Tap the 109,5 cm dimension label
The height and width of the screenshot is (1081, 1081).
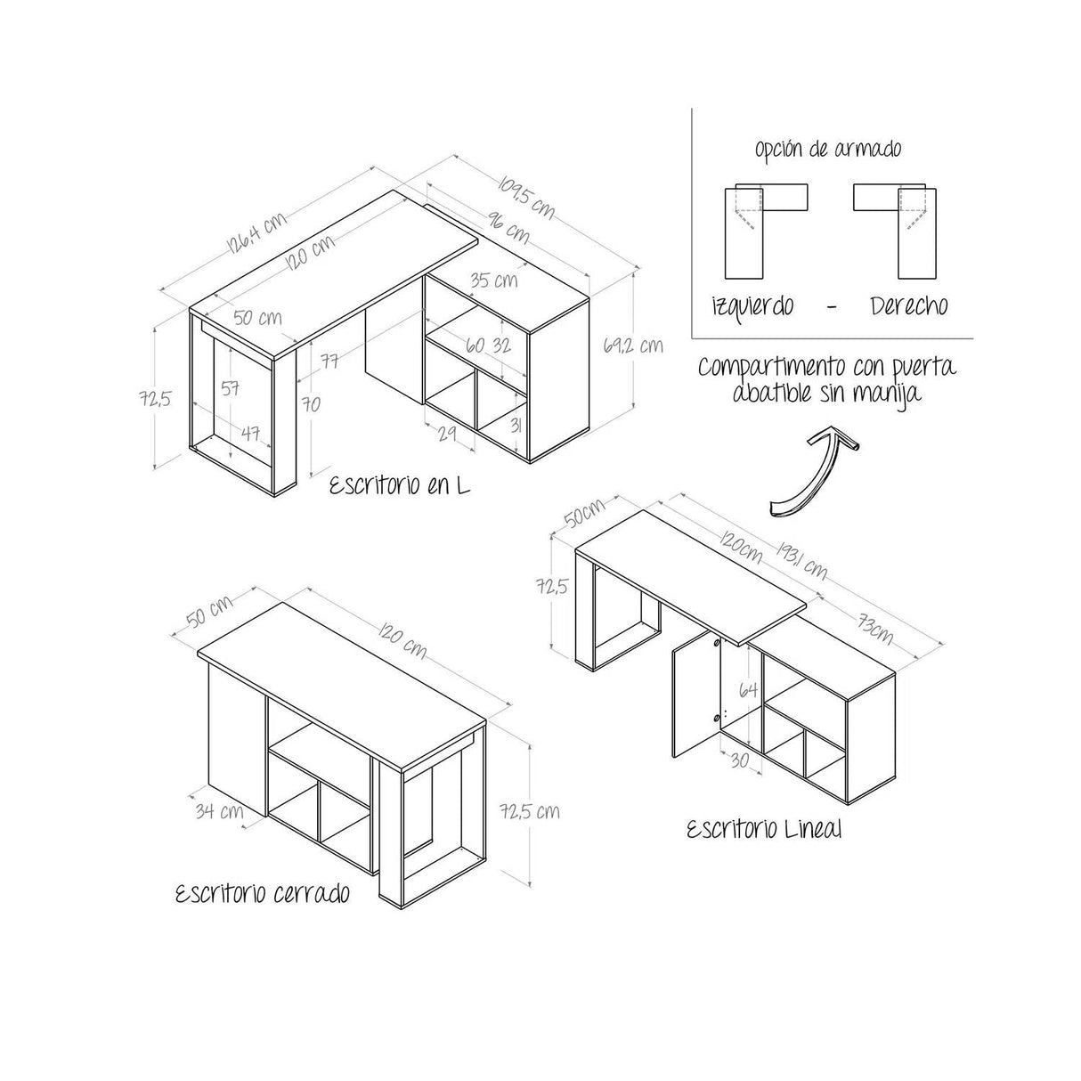[x=526, y=198]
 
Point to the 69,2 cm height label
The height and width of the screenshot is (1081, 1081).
[x=632, y=345]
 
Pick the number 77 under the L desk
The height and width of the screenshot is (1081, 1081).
[x=329, y=361]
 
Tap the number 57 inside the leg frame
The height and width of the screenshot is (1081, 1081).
[x=231, y=387]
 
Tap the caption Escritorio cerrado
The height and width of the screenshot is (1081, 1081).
[x=262, y=893]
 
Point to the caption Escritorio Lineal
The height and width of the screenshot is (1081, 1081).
[x=764, y=830]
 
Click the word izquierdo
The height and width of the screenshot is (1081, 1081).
[x=752, y=305]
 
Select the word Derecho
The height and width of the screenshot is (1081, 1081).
[x=908, y=305]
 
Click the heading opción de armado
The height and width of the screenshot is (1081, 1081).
[x=828, y=149]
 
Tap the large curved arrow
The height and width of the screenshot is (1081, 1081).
[x=812, y=472]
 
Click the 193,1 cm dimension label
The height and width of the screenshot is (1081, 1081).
[x=802, y=559]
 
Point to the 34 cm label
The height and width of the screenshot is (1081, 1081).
[x=218, y=811]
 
